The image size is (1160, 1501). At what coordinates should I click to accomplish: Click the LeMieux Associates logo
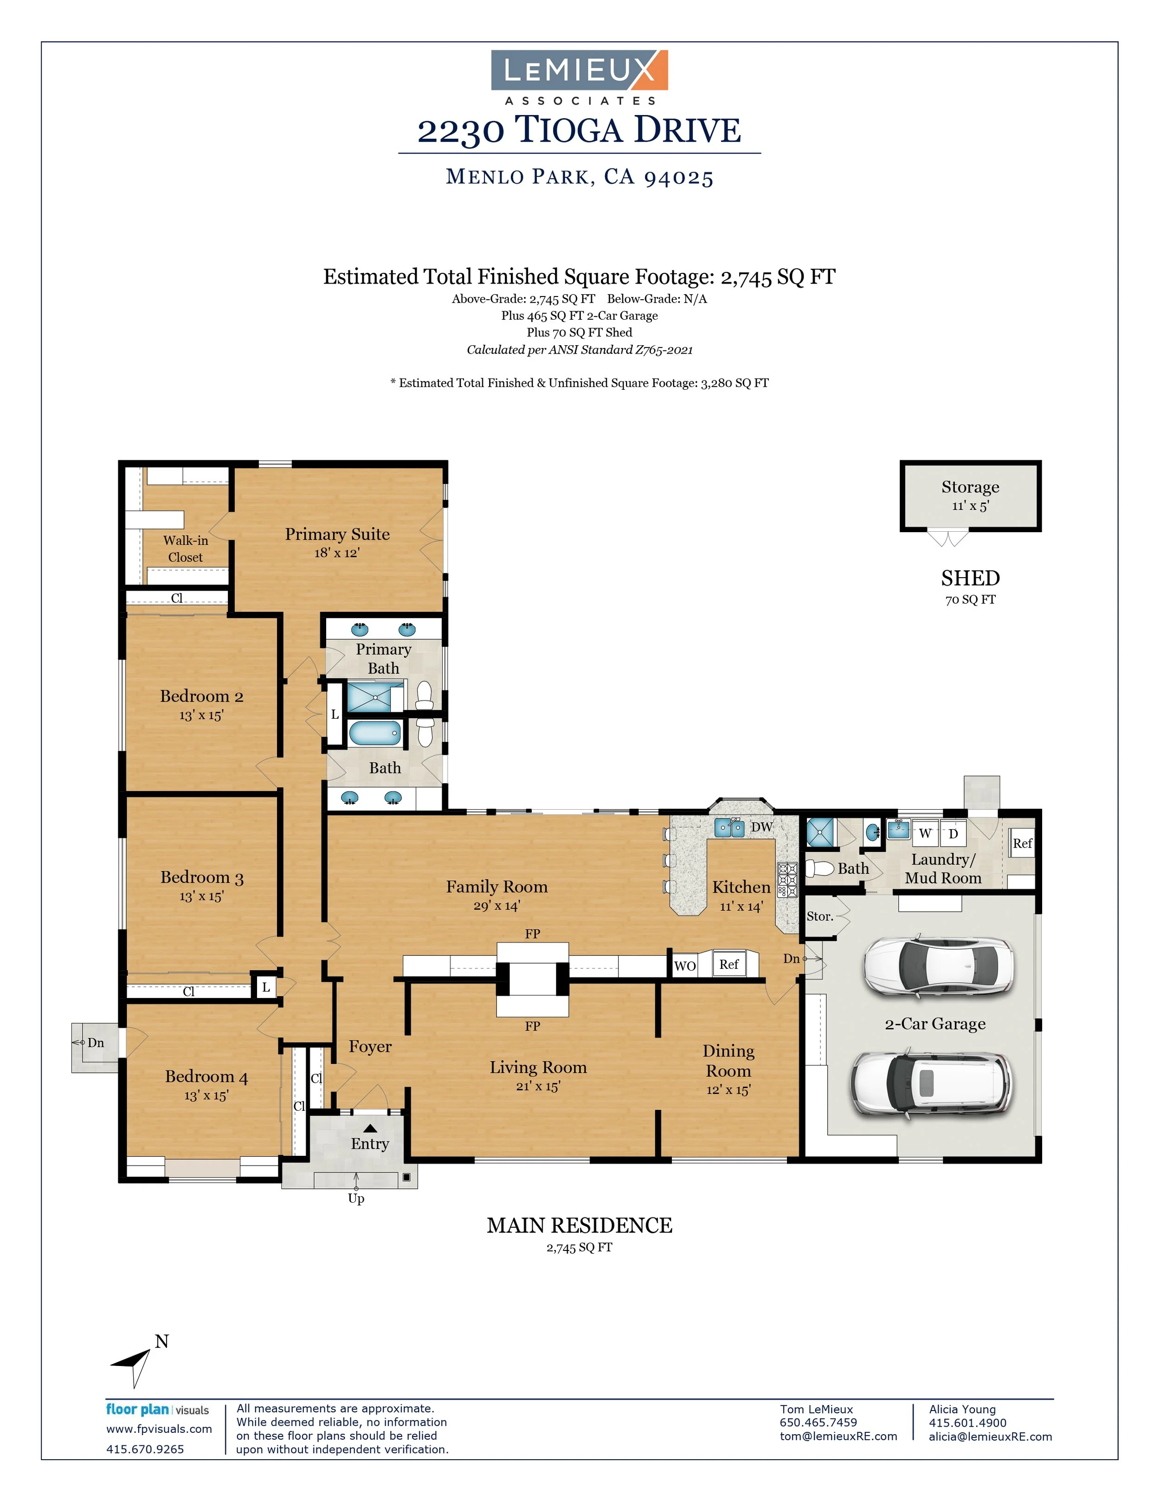(580, 77)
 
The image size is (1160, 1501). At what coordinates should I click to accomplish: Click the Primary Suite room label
(337, 534)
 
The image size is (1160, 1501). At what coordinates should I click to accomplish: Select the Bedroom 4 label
(206, 1076)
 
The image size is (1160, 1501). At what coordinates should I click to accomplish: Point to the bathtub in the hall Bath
(374, 733)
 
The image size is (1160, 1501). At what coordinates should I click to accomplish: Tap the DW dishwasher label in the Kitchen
(761, 827)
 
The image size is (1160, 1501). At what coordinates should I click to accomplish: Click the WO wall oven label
(685, 966)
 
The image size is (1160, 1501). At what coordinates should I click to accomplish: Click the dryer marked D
(953, 833)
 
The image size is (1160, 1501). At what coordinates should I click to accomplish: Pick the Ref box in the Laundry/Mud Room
(1022, 843)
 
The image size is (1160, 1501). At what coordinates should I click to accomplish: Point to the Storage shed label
(970, 487)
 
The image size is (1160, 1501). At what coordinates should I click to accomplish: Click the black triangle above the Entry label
(370, 1128)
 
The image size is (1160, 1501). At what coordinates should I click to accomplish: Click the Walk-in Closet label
(186, 548)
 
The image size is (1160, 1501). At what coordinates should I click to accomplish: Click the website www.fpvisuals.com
(159, 1429)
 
